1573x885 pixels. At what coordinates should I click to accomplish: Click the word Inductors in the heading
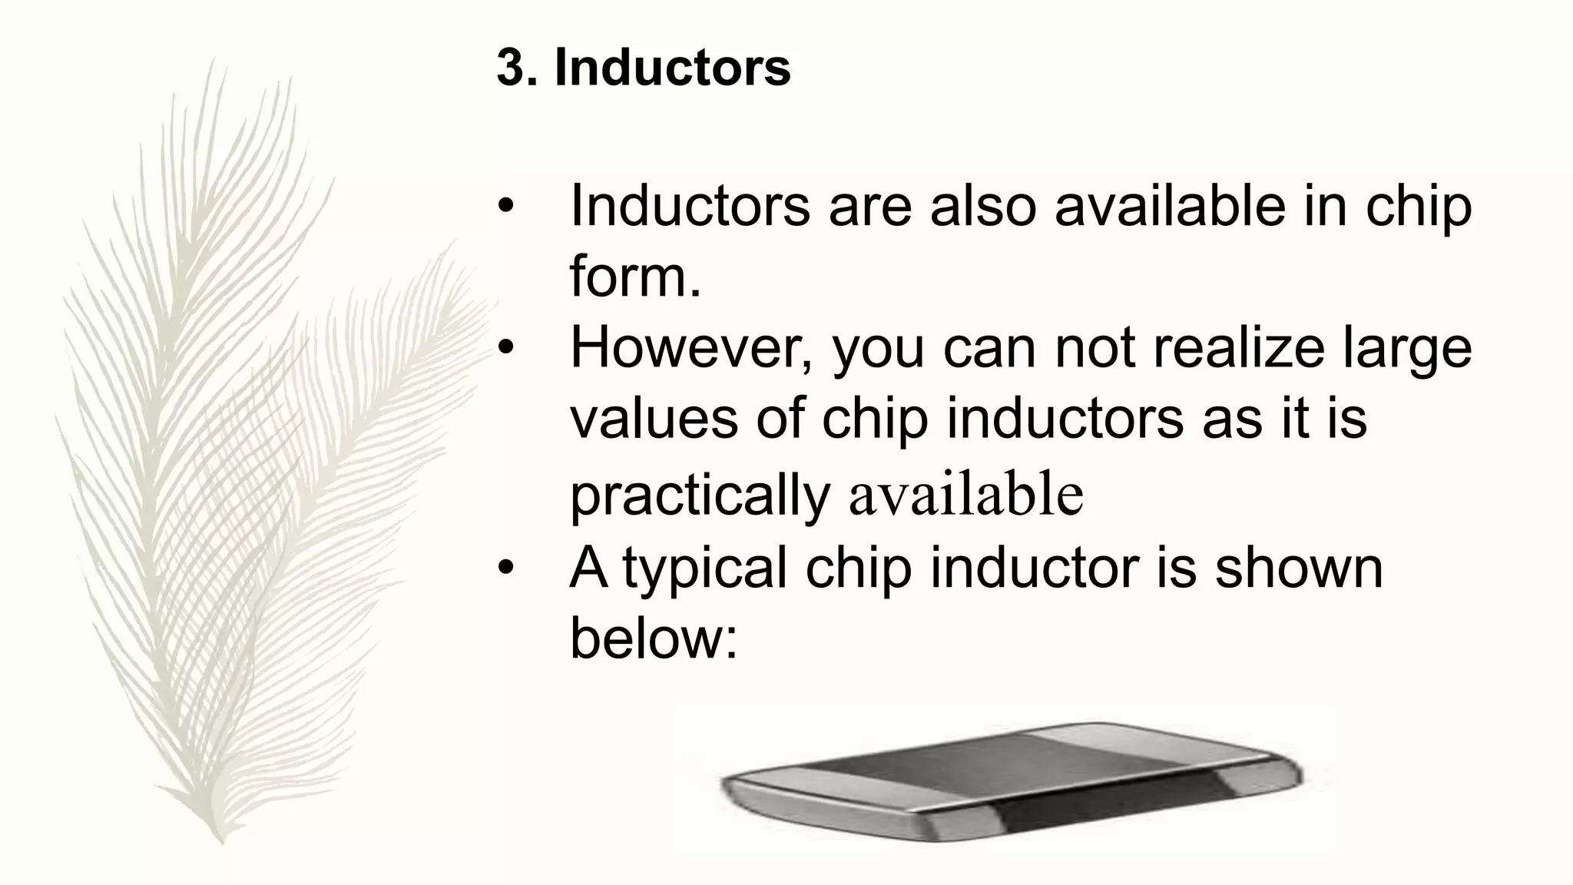click(672, 68)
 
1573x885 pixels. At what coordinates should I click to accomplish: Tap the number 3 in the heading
click(509, 68)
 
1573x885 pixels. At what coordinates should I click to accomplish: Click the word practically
click(700, 496)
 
